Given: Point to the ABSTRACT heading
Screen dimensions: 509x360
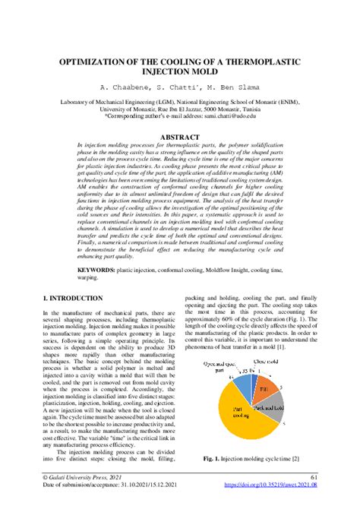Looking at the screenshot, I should pyautogui.click(x=180, y=138).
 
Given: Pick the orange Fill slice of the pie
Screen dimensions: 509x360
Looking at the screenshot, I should pyautogui.click(x=264, y=389).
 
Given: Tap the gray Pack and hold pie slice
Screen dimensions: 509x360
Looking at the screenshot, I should pyautogui.click(x=271, y=410).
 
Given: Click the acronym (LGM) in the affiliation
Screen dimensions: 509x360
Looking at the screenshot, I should pyautogui.click(x=170, y=100).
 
